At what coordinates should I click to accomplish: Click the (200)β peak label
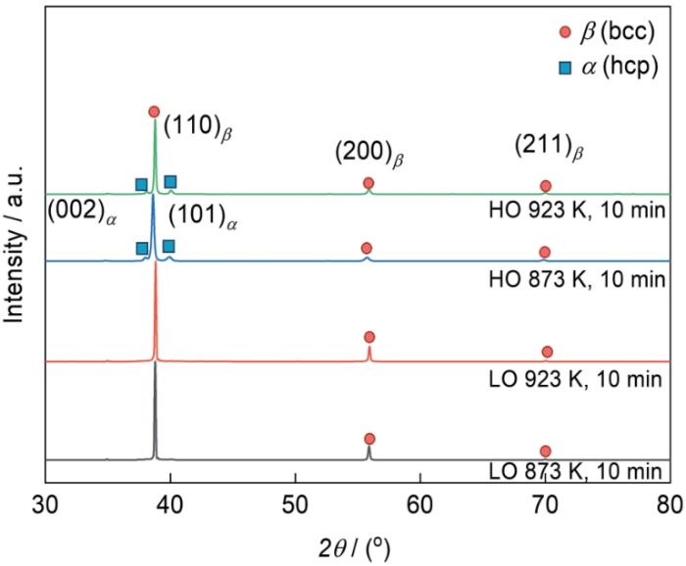tap(368, 154)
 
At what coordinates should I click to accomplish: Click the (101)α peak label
tap(204, 216)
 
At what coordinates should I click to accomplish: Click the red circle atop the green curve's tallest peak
tap(154, 112)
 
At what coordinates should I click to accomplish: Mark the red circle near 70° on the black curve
tap(546, 450)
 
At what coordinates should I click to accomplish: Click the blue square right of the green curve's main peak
tap(171, 181)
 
